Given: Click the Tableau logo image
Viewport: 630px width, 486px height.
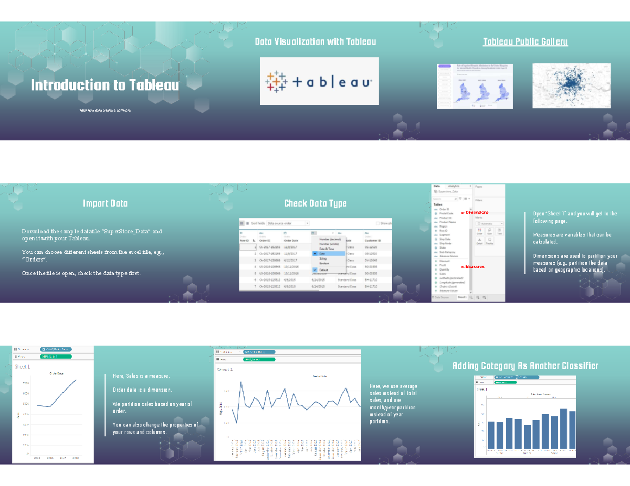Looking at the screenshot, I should [319, 81].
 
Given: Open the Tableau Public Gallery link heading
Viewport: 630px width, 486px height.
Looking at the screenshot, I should [525, 41].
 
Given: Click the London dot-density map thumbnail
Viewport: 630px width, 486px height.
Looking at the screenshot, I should [571, 85].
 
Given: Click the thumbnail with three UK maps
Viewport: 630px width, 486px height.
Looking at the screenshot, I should [475, 87].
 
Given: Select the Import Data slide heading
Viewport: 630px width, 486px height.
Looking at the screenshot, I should [105, 203].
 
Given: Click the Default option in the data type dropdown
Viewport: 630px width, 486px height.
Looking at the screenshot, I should [323, 269].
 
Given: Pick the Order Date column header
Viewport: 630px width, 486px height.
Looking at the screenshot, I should [291, 241].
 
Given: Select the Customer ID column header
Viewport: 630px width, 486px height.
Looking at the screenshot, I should [373, 241].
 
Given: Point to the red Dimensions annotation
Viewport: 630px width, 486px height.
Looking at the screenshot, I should [475, 212].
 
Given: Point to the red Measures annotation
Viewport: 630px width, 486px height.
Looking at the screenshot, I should [474, 267].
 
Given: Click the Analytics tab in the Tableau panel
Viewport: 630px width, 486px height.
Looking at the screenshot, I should [454, 186].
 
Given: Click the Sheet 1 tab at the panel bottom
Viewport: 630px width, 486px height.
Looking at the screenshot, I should [462, 297].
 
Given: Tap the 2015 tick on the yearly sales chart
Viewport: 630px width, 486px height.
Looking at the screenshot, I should [37, 458].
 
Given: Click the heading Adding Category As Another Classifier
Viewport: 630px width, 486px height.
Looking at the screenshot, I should [525, 366].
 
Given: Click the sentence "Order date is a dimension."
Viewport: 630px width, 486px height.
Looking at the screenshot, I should [142, 390].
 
